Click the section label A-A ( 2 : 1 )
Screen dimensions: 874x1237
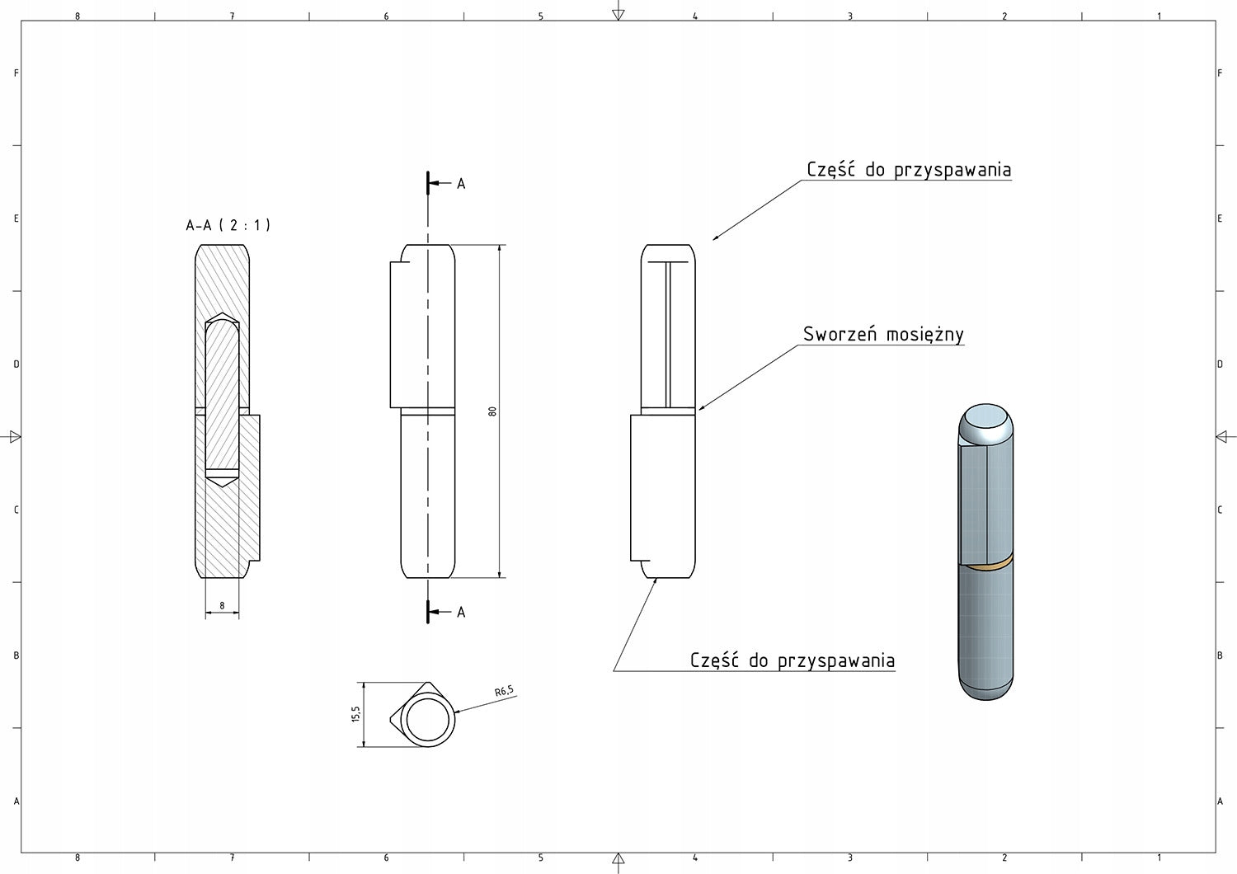tap(228, 225)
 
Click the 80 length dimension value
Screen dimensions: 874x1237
tap(492, 411)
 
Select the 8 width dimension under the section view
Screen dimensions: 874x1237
tap(222, 606)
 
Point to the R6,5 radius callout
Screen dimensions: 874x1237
tap(504, 692)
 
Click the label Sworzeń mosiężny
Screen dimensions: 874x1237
tap(883, 334)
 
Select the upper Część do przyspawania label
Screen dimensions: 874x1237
tap(909, 170)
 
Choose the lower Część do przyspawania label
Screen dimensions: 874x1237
tap(792, 660)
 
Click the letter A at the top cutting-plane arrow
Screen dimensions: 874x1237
tap(461, 184)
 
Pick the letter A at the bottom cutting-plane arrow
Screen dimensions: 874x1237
tap(461, 612)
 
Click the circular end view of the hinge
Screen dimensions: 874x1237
tap(427, 716)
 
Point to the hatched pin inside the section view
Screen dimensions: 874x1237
tap(222, 396)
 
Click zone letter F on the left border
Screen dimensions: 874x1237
tap(16, 73)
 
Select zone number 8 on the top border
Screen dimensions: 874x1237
tap(78, 16)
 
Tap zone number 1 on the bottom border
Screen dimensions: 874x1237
tap(1159, 858)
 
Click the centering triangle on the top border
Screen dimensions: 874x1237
tap(618, 14)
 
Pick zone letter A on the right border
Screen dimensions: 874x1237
tap(1220, 801)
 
